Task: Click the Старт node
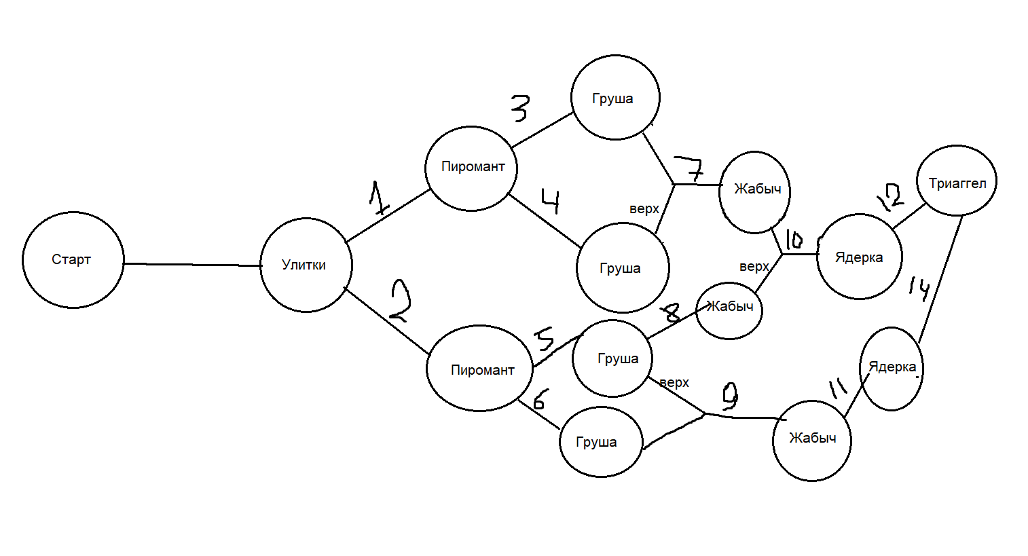[x=73, y=259]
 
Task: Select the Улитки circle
[x=306, y=265]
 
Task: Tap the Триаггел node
[x=957, y=181]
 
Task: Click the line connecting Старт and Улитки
[x=193, y=265]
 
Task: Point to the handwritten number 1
[x=378, y=198]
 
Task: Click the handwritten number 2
[x=399, y=301]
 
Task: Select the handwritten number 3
[x=520, y=108]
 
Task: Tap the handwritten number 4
[x=551, y=201]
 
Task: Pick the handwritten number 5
[x=545, y=339]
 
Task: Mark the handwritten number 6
[x=538, y=399]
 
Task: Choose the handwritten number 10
[x=794, y=240]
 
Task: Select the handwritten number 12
[x=891, y=198]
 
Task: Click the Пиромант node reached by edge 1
[x=471, y=168]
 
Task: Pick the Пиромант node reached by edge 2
[x=479, y=369]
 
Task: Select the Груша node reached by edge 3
[x=615, y=97]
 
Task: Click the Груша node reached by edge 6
[x=601, y=442]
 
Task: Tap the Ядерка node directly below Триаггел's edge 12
[x=860, y=257]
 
